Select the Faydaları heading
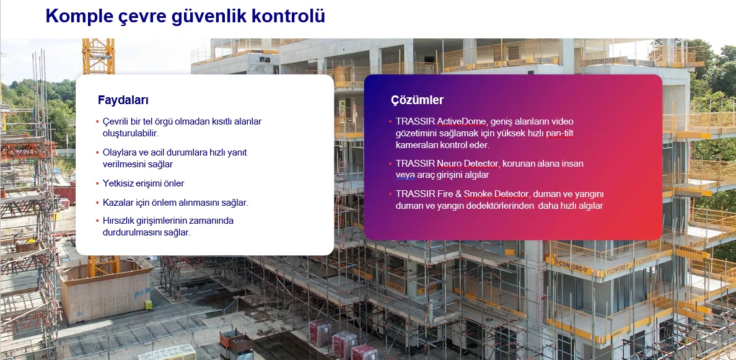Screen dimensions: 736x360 (x=123, y=100)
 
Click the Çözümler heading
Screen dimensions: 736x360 (x=417, y=100)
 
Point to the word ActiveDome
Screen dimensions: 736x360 (x=462, y=121)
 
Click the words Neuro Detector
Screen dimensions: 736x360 (x=467, y=164)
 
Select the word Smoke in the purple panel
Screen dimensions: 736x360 (x=478, y=194)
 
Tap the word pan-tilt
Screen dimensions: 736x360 (x=559, y=133)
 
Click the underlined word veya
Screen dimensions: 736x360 (x=405, y=175)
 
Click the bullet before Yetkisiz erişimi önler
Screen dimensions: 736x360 (x=97, y=183)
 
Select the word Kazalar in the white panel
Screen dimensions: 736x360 (x=118, y=203)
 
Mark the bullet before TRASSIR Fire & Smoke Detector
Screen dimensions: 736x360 (x=390, y=194)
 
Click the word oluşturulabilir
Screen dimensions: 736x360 (x=131, y=133)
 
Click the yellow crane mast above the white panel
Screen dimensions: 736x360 (x=99, y=56)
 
